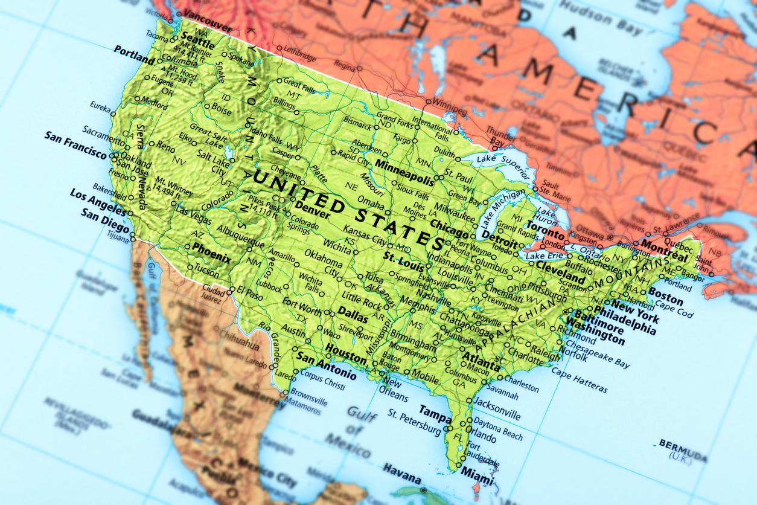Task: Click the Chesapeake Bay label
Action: [598, 353]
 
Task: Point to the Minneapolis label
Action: [404, 172]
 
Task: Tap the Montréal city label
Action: [663, 248]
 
